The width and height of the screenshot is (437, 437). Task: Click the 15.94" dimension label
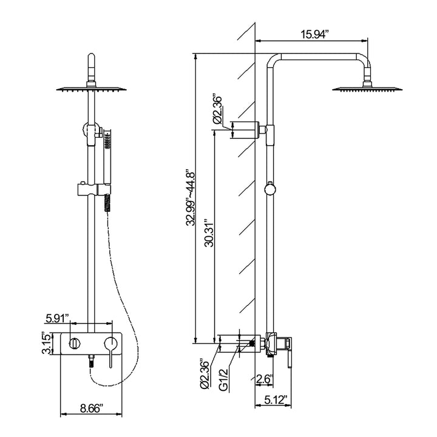(x=315, y=35)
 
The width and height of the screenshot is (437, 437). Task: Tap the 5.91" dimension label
(x=58, y=318)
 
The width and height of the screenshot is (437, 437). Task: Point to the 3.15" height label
(x=46, y=343)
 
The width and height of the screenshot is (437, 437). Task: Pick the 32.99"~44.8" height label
(x=191, y=198)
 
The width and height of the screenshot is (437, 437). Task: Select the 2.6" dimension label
(x=264, y=379)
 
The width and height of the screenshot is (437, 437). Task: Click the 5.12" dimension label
(x=276, y=400)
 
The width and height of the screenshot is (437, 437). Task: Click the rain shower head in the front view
(x=92, y=89)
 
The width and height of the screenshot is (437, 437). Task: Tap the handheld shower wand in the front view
(x=107, y=159)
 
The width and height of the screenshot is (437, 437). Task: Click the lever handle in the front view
(x=110, y=351)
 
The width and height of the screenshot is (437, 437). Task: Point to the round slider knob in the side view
(x=269, y=190)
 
